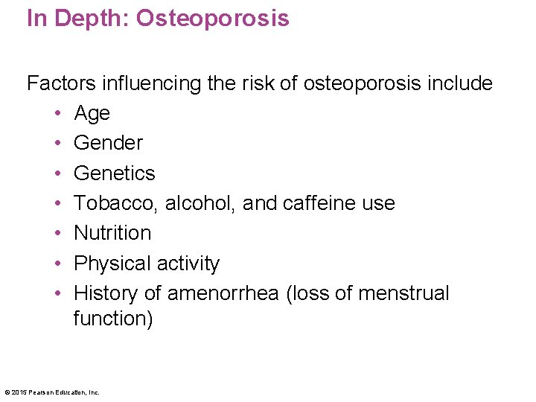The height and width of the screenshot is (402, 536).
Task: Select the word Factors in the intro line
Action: click(x=59, y=83)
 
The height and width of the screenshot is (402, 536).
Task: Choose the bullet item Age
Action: click(x=92, y=113)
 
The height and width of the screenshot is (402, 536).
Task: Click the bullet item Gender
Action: click(x=108, y=142)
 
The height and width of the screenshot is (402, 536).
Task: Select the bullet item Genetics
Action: click(x=115, y=173)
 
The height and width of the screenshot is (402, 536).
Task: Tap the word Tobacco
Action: click(x=116, y=203)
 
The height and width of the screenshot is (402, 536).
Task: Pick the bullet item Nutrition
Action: click(x=112, y=233)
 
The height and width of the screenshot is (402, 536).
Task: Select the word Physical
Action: click(x=115, y=264)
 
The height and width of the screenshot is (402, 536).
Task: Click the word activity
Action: click(x=191, y=264)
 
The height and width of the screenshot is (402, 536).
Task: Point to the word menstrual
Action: click(x=403, y=293)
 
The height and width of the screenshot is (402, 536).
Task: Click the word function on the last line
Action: click(x=108, y=319)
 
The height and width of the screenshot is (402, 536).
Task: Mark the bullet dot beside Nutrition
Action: click(x=57, y=233)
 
